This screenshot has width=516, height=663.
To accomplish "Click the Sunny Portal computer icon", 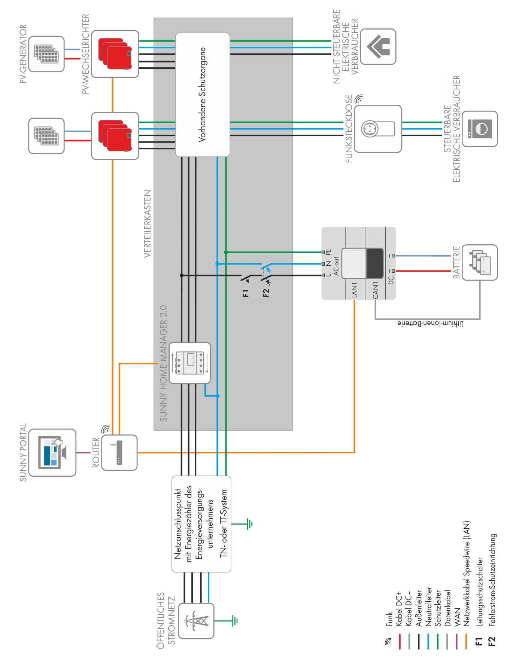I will pyautogui.click(x=52, y=452).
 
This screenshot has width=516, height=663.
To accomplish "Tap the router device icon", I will pyautogui.click(x=119, y=452).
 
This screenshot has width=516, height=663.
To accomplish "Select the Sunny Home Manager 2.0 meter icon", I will pyautogui.click(x=190, y=363).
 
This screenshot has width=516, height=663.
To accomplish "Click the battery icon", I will pyautogui.click(x=480, y=263).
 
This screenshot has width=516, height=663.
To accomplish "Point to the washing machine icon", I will pyautogui.click(x=480, y=129).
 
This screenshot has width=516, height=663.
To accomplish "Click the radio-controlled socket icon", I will pyautogui.click(x=378, y=129).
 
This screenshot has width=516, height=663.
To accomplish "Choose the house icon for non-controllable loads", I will pyautogui.click(x=378, y=46).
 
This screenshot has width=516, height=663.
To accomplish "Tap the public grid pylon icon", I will pyautogui.click(x=196, y=621).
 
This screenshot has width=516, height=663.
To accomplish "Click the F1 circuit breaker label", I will pyautogui.click(x=246, y=293).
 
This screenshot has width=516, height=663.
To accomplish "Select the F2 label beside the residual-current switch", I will pyautogui.click(x=266, y=293).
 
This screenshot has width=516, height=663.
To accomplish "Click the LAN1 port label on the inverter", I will pyautogui.click(x=354, y=290).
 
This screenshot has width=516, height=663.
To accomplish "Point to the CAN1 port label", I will pyautogui.click(x=375, y=290).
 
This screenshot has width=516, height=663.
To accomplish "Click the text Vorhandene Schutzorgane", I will pyautogui.click(x=202, y=94).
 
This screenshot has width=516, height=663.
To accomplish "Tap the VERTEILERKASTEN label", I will pyautogui.click(x=148, y=224).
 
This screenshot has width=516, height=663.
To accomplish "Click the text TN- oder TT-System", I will pyautogui.click(x=224, y=523).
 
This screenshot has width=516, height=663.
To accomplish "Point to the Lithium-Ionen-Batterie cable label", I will pyautogui.click(x=431, y=323).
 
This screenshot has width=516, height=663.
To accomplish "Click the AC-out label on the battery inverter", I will pyautogui.click(x=336, y=266).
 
